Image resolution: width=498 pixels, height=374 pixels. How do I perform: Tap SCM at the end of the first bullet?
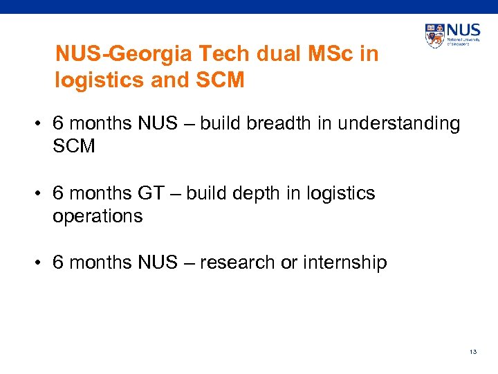pos(73,147)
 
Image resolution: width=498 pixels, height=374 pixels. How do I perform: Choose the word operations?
pos(98,216)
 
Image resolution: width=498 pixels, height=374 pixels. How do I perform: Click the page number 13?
pos(473,352)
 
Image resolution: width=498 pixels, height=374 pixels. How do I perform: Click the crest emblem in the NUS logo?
pos(435,36)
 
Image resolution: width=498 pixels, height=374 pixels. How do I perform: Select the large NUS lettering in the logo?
pos(464,31)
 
